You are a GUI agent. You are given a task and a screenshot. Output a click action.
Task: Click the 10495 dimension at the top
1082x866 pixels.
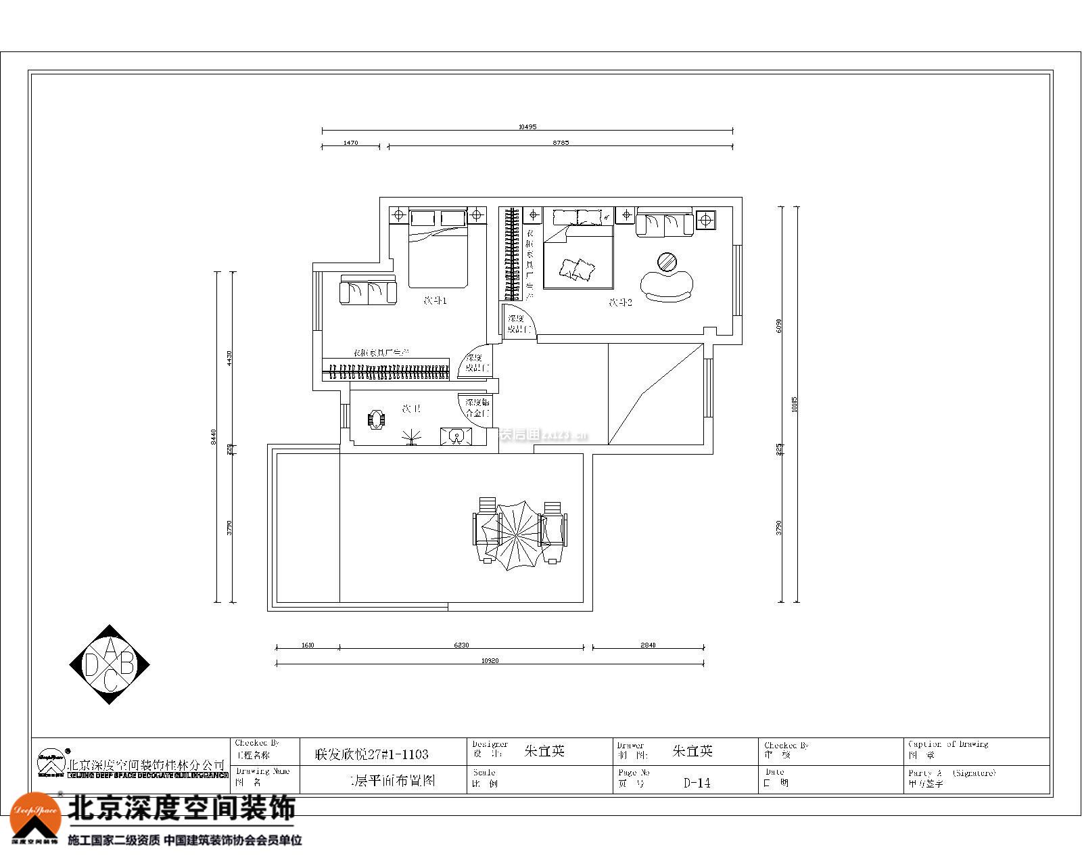tap(527, 127)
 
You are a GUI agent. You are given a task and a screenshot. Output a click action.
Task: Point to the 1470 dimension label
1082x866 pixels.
tap(350, 143)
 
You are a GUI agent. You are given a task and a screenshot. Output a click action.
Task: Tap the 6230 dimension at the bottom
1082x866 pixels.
tap(461, 645)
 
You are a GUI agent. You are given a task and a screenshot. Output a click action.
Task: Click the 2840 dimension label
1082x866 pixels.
tap(648, 645)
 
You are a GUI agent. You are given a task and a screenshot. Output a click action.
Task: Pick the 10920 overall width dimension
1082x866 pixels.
tap(490, 660)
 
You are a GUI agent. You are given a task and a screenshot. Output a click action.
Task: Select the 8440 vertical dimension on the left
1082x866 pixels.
tap(214, 436)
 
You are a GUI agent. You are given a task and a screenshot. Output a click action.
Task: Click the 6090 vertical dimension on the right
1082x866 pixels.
tap(779, 325)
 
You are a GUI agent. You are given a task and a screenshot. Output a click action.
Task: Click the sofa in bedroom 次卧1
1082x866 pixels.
tap(368, 291)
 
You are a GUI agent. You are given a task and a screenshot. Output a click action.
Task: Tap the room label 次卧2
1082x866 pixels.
tap(620, 302)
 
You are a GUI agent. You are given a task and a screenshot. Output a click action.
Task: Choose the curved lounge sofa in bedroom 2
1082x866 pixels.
tap(667, 285)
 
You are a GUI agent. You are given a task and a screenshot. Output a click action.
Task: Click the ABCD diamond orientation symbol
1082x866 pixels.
tap(110, 664)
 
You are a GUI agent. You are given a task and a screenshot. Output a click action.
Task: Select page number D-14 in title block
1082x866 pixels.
tap(697, 783)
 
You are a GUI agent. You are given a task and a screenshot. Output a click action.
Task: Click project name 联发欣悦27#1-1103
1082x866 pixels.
tap(372, 753)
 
